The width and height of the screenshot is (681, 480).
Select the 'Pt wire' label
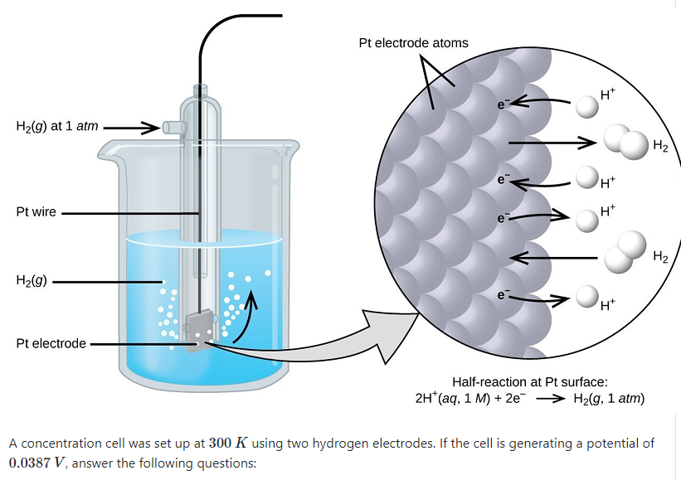(36, 211)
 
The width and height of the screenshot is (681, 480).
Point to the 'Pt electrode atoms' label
(413, 42)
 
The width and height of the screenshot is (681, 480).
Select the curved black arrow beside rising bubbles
(246, 315)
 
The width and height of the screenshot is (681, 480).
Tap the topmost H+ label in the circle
(606, 95)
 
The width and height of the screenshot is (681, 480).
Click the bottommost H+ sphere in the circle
(587, 297)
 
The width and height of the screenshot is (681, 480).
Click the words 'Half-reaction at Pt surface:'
(530, 382)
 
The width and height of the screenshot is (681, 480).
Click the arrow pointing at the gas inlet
(131, 128)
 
